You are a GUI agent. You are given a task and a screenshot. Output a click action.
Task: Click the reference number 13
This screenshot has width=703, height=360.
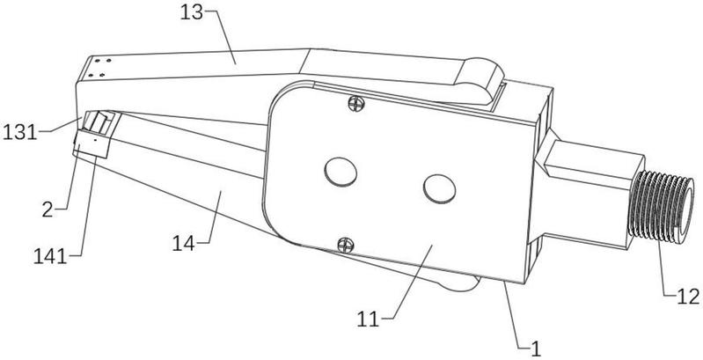point(192,12)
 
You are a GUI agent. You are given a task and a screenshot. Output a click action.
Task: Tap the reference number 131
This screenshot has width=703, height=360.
point(19,133)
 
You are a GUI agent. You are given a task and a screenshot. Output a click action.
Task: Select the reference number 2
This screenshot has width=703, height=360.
point(48,209)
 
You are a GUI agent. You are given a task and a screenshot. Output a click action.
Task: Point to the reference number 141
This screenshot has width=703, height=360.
point(50,257)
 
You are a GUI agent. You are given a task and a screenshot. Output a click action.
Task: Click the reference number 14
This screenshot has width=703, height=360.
point(184,244)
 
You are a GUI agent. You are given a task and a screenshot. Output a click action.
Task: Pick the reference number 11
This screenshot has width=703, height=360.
point(368,320)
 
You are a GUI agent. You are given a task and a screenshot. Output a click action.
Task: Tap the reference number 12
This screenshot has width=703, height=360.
point(688,297)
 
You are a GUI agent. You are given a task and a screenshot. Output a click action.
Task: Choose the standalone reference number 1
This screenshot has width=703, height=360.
point(536,349)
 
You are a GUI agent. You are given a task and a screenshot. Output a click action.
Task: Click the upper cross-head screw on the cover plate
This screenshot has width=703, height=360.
point(356,104)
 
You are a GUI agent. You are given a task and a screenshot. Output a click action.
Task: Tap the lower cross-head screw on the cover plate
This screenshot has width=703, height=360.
point(346,245)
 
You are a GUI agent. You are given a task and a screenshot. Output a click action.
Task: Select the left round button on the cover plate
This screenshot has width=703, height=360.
point(341,173)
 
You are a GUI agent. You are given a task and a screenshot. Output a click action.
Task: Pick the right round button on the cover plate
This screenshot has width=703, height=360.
point(440,189)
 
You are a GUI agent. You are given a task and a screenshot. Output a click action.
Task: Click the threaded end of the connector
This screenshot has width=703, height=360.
point(662,207)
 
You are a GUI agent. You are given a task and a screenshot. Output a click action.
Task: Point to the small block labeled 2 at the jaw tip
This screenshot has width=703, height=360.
point(92,143)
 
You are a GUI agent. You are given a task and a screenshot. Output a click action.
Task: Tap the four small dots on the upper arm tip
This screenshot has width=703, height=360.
point(99,68)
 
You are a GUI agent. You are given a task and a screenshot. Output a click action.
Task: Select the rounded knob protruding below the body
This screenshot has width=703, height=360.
point(458,283)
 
